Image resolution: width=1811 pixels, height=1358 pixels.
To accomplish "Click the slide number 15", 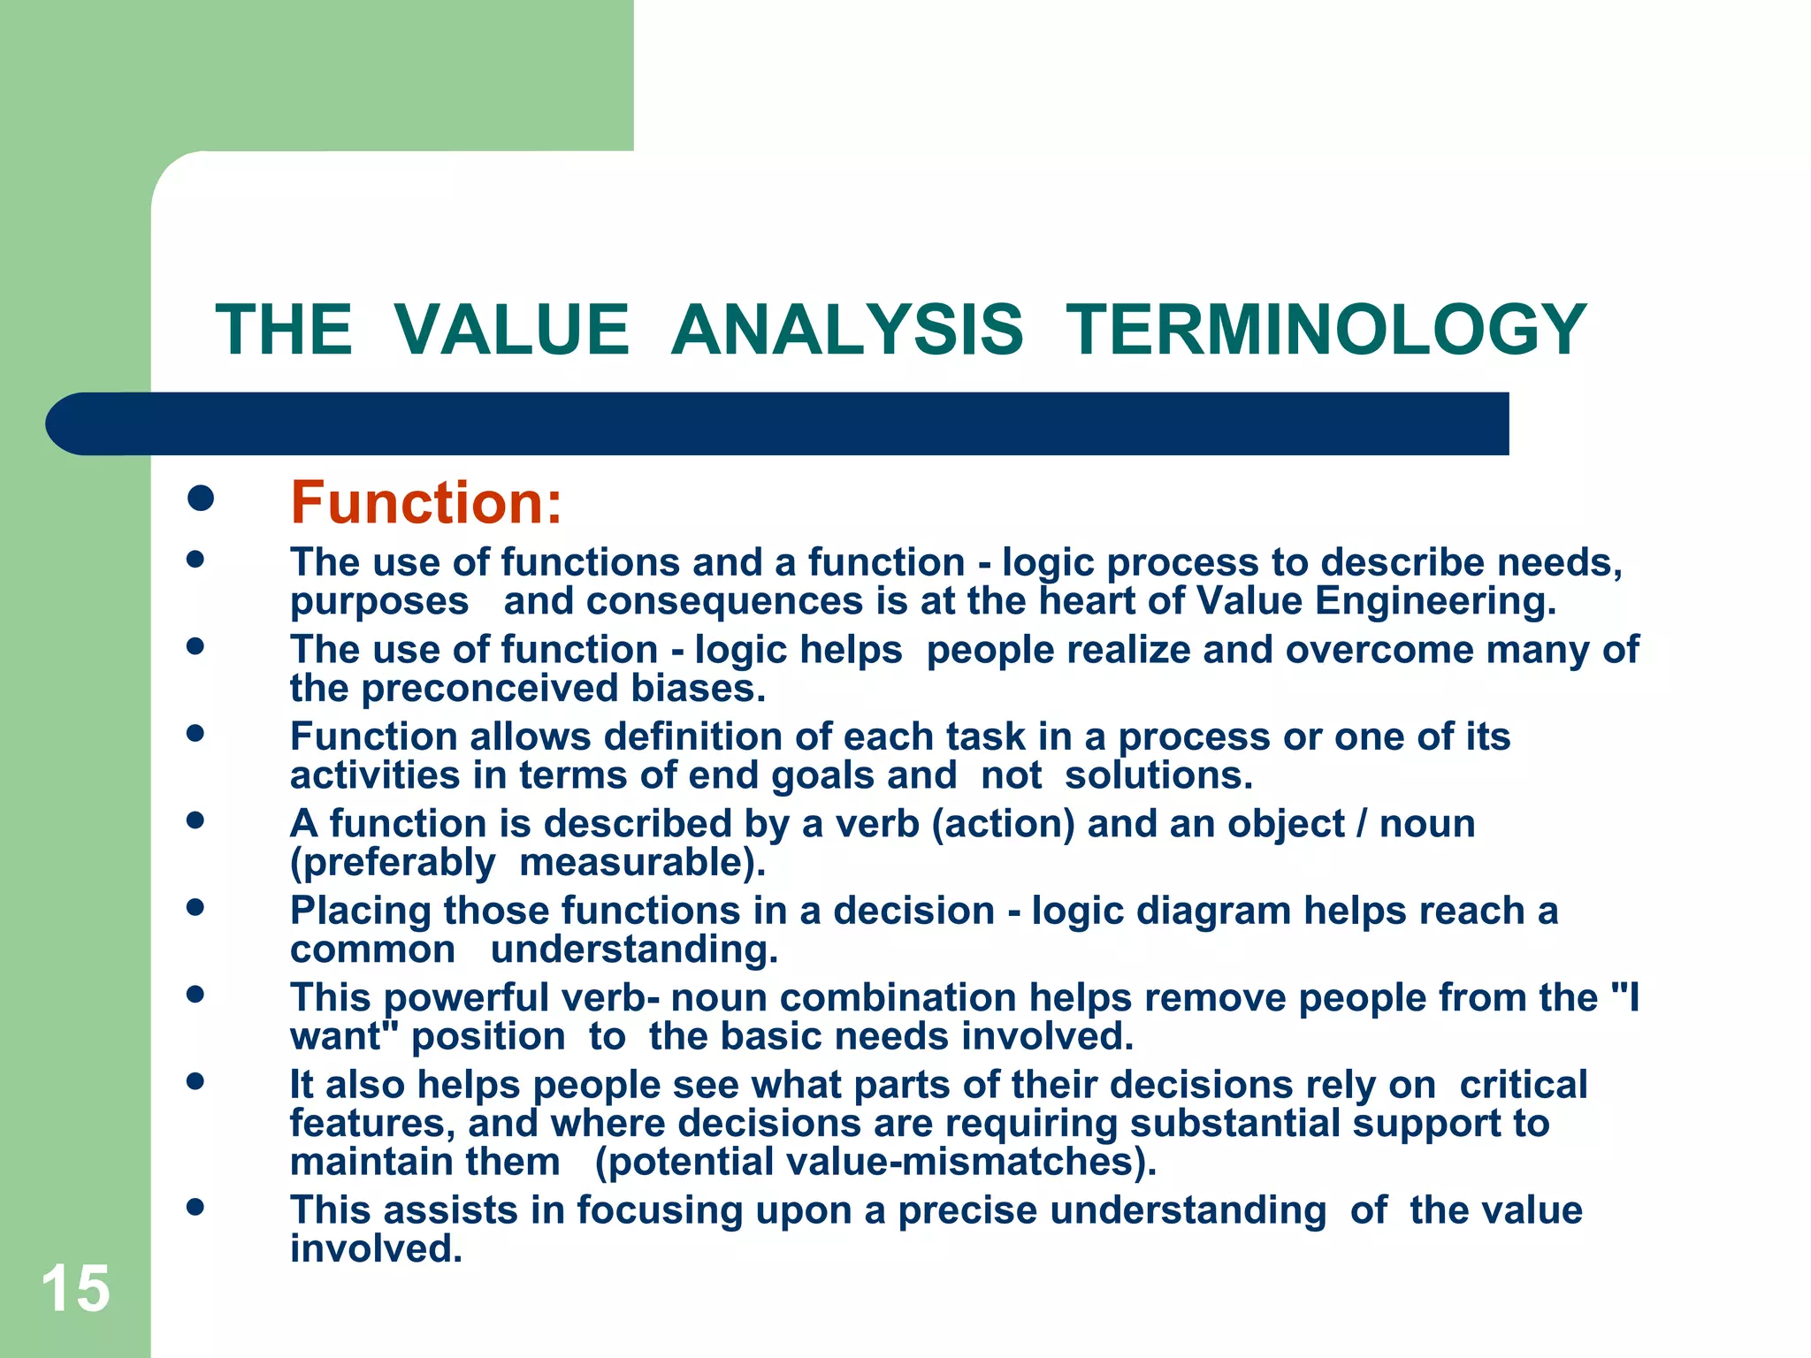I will (76, 1289).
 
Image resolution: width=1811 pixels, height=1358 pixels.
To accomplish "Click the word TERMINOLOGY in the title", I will (1326, 331).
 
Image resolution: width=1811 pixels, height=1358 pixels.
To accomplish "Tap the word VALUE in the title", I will (511, 331).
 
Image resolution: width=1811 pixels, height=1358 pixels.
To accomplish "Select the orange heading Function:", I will (426, 503).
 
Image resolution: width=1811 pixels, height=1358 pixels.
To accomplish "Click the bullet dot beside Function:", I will (201, 498).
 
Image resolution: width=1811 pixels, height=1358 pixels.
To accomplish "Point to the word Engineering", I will (1434, 602).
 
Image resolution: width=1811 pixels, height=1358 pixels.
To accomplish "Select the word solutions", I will (1158, 776).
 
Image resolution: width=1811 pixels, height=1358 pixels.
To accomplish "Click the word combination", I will (898, 998).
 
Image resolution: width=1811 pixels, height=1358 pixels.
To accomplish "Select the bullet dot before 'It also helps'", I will (195, 1081).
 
